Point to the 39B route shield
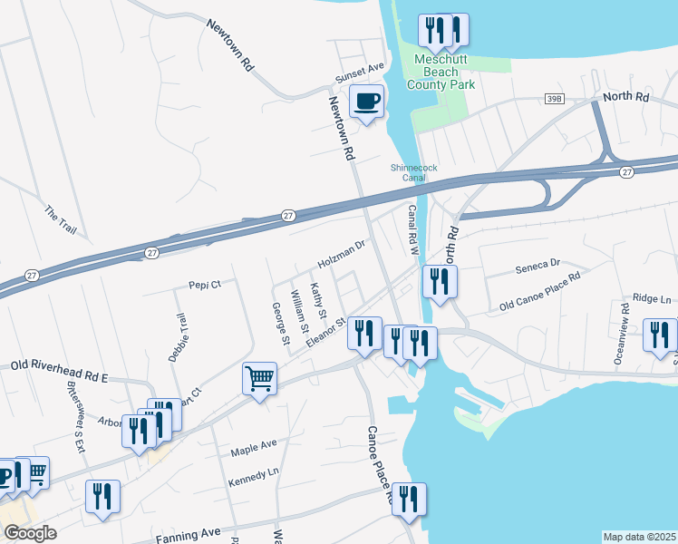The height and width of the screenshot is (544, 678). [556, 98]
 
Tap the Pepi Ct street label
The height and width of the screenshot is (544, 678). [205, 284]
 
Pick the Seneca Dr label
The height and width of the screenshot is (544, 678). [538, 266]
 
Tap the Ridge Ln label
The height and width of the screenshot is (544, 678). [653, 297]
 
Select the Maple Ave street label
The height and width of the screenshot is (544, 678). [253, 447]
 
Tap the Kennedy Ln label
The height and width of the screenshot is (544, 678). [253, 475]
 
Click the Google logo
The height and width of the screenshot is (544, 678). [30, 533]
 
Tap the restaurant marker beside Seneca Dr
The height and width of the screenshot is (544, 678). [439, 280]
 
